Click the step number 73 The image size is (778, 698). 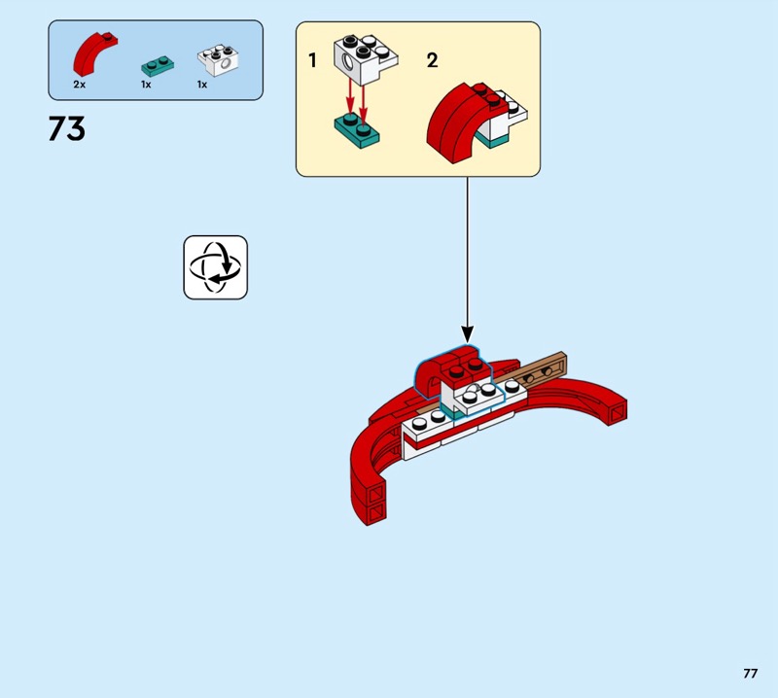[x=67, y=128]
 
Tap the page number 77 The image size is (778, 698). [x=750, y=673]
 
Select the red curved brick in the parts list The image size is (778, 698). [x=94, y=53]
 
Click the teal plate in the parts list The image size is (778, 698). [x=158, y=66]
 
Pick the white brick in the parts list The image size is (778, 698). [x=218, y=60]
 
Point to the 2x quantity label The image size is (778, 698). [x=80, y=85]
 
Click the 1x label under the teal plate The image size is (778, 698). [x=146, y=85]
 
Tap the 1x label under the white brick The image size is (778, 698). [x=202, y=85]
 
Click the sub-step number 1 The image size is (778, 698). [x=312, y=60]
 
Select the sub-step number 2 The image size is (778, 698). [x=432, y=60]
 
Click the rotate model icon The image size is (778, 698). [x=215, y=267]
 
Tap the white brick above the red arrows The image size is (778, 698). [x=366, y=59]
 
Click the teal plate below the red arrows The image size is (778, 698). [x=356, y=130]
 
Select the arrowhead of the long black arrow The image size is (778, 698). [x=467, y=333]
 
